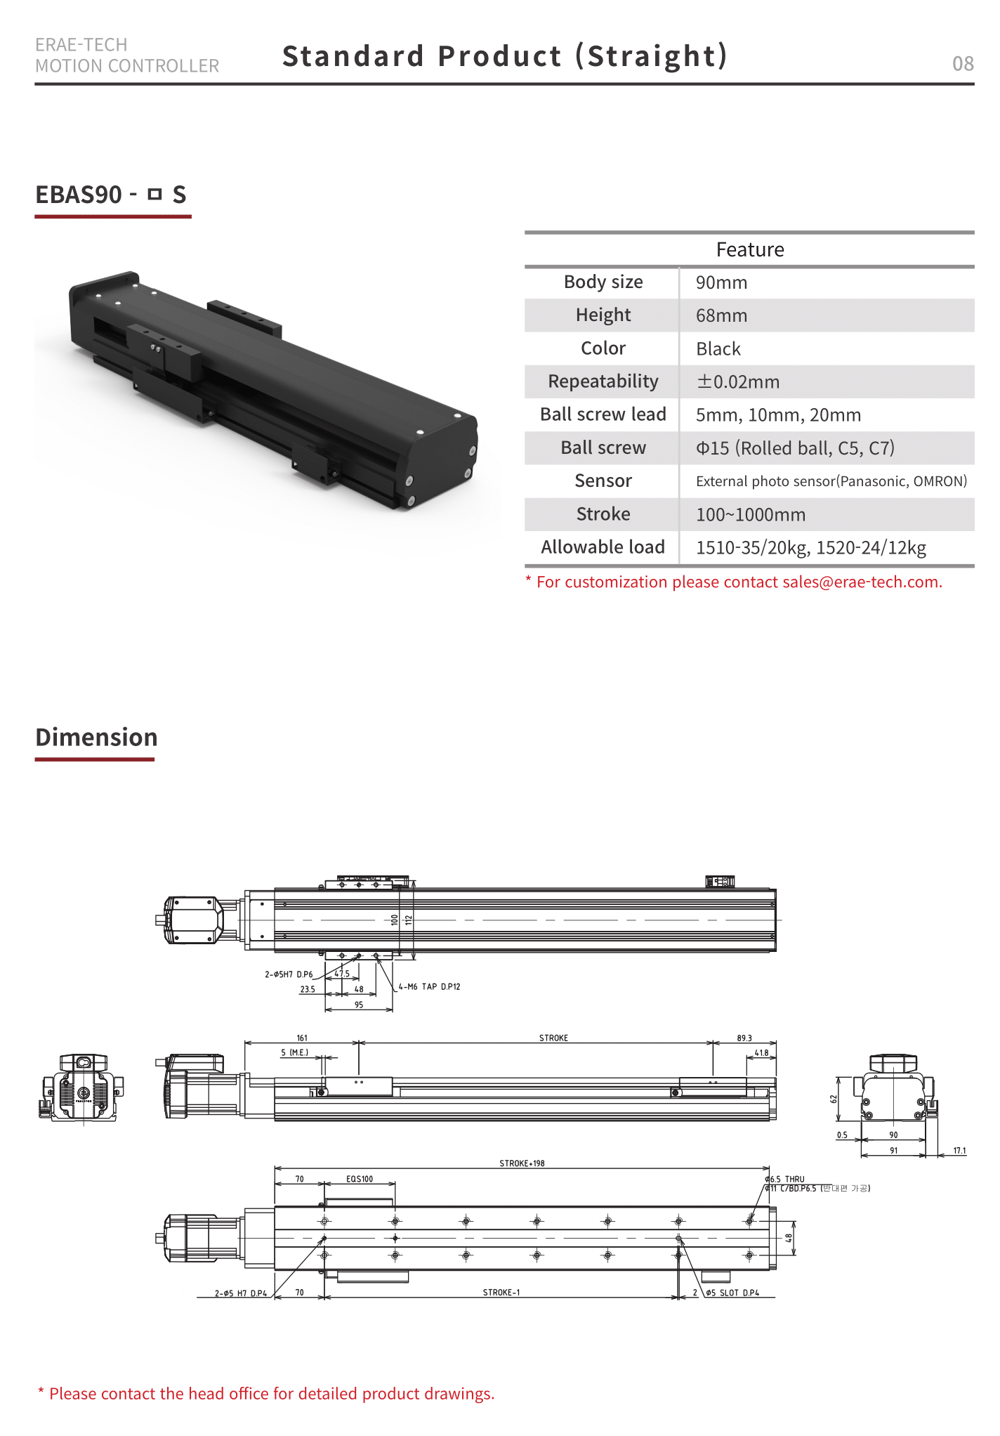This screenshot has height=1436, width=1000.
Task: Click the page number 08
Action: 962,64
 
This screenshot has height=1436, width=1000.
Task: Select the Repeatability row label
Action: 603,381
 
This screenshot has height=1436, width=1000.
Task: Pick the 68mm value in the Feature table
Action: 721,315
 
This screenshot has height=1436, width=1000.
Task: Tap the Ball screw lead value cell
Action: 778,415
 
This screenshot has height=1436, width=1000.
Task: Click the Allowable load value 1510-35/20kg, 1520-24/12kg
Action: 810,547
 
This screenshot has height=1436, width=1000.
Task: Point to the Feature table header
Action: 749,249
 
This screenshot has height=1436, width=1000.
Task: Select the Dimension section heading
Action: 96,737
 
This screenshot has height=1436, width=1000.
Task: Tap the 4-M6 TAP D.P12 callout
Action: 429,986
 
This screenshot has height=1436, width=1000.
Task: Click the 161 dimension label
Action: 302,1038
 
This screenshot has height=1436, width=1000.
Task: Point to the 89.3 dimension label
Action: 744,1038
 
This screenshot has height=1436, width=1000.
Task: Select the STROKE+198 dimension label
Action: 522,1163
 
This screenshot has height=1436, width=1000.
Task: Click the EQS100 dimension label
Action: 360,1179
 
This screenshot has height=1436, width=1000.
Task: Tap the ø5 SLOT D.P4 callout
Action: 732,1293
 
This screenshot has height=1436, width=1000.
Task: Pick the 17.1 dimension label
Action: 959,1151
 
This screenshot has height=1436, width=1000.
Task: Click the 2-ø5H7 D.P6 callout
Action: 289,974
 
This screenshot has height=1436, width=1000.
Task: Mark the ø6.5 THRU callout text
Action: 785,1179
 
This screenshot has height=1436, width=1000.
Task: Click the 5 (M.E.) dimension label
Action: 294,1052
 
